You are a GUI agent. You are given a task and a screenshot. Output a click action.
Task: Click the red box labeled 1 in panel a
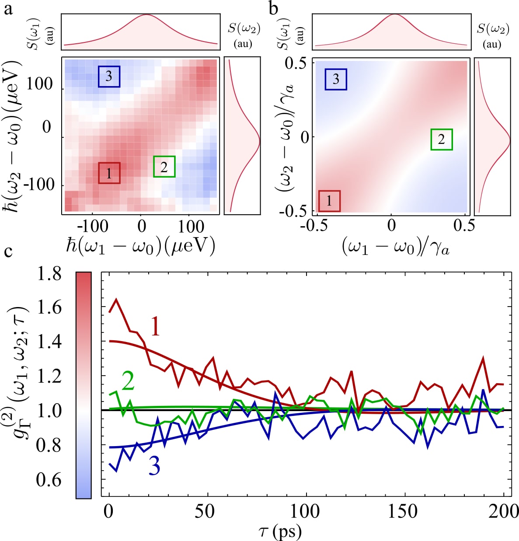tap(109, 173)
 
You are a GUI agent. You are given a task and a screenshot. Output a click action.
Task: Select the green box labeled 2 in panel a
tap(164, 167)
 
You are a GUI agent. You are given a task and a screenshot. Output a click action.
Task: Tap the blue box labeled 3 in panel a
tap(109, 77)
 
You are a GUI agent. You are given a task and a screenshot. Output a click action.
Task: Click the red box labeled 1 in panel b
tap(329, 201)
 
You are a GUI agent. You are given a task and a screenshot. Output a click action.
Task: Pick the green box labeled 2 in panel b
tap(441, 139)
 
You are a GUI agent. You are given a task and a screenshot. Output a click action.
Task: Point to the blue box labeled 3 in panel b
tap(336, 79)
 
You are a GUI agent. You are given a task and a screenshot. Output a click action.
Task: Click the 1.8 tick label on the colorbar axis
tap(49, 273)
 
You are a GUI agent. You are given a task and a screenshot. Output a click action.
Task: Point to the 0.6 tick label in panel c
tap(49, 480)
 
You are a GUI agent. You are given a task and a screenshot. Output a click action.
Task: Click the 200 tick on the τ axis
tap(504, 511)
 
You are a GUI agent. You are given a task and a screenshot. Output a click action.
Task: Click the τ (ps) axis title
tap(280, 531)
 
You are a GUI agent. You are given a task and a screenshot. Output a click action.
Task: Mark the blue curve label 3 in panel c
tap(154, 467)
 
